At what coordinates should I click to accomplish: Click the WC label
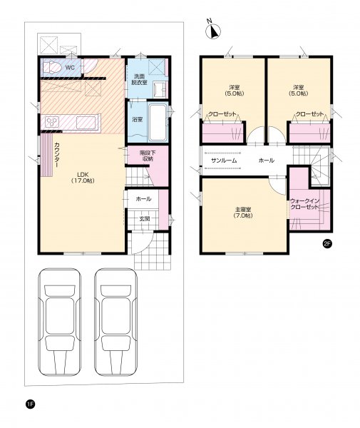70,68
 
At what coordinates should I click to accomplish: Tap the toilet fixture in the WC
51,67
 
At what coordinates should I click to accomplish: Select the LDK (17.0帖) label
83,178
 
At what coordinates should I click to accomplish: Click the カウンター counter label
58,155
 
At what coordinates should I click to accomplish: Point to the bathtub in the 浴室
158,122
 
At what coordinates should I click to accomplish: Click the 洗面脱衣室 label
139,79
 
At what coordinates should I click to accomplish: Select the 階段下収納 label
148,155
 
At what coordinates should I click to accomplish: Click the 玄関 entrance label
144,219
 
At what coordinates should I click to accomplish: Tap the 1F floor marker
30,404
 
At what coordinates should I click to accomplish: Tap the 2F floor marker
326,244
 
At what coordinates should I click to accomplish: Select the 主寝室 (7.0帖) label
242,213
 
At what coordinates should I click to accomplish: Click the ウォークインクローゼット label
304,204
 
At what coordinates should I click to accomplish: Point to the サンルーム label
224,160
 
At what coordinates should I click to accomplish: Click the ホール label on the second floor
266,160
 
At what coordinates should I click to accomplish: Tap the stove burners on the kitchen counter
52,122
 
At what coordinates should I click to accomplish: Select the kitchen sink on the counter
86,122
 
